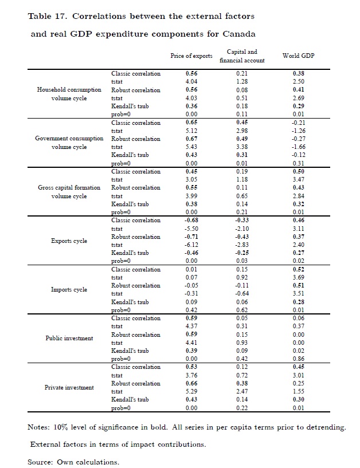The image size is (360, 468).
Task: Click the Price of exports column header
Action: pos(191,56)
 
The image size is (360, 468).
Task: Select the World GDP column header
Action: pos(298,56)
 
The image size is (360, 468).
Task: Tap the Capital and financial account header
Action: pos(242,56)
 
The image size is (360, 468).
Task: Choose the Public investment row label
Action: pos(69,339)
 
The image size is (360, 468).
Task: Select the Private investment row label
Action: pos(69,388)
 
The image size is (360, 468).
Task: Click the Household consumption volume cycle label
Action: pos(69,94)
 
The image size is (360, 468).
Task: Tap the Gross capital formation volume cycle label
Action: pos(69,192)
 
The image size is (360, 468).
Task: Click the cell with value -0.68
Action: pos(191,221)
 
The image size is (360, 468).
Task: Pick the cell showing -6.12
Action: pos(191,245)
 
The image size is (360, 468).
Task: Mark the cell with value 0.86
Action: pos(298,359)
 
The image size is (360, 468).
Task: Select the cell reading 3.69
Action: pos(298,278)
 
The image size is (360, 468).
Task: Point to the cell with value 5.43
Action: pos(191,147)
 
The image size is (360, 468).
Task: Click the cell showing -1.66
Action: pos(298,147)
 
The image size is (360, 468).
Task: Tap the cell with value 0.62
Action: pos(242,310)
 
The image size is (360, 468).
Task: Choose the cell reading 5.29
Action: pos(191,392)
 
